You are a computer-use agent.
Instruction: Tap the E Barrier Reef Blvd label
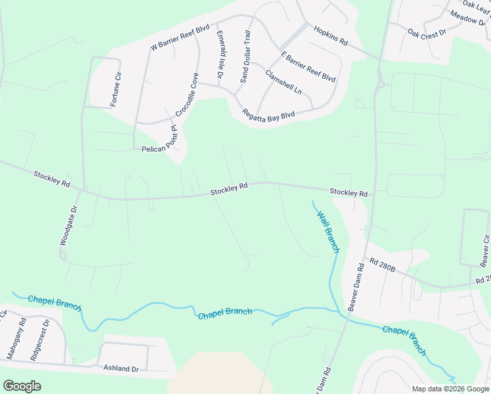308,67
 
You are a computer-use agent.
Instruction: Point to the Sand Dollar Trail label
245,57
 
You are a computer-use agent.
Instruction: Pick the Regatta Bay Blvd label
268,114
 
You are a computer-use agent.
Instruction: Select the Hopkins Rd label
330,35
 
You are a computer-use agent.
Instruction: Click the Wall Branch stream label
328,232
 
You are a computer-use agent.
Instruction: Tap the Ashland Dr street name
121,368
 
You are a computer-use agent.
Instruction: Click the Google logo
22,386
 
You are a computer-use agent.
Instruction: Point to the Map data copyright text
450,389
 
